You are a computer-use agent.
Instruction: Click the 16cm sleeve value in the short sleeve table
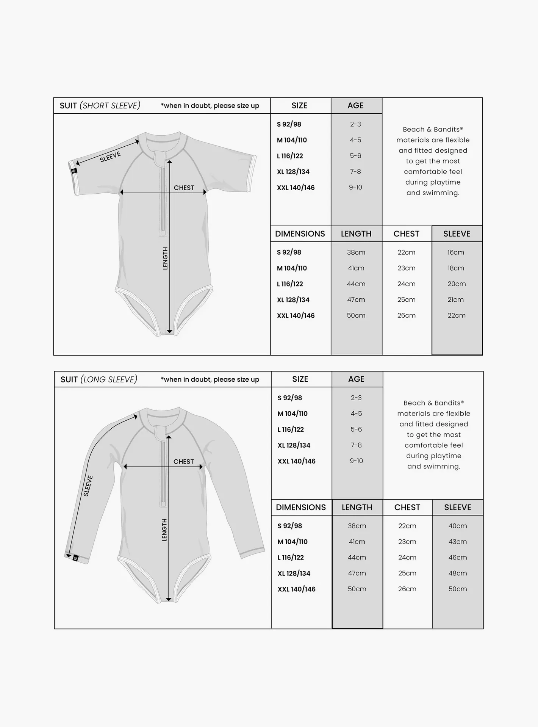tap(455, 252)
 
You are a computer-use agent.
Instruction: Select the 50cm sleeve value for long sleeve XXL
tap(457, 589)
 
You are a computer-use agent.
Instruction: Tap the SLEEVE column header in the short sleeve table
tap(457, 234)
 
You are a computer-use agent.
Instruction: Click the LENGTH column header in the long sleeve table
tap(357, 508)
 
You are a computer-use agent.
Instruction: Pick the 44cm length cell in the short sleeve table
tap(356, 284)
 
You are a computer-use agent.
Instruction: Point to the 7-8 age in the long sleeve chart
tap(356, 445)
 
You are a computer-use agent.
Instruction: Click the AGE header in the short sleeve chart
tap(355, 106)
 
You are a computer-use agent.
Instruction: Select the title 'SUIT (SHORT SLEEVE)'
tap(100, 106)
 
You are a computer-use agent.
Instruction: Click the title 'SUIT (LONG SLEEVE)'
tap(99, 379)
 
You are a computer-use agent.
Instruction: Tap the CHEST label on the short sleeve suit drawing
tap(184, 188)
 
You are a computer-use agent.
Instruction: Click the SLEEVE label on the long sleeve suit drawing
tap(88, 486)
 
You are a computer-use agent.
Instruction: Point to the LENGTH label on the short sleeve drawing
tap(165, 259)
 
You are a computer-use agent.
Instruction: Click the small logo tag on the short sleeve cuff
tap(74, 171)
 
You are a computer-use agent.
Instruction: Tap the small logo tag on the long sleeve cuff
tap(76, 558)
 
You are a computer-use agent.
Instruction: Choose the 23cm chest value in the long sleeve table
tap(407, 542)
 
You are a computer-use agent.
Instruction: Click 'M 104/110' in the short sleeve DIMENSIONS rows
tap(292, 268)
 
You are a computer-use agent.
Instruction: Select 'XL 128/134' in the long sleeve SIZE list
tap(294, 445)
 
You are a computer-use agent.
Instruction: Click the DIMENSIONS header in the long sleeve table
tap(300, 508)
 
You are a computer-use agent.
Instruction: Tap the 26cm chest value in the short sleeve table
tap(406, 315)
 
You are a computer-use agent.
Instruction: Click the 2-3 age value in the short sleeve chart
tap(355, 124)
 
